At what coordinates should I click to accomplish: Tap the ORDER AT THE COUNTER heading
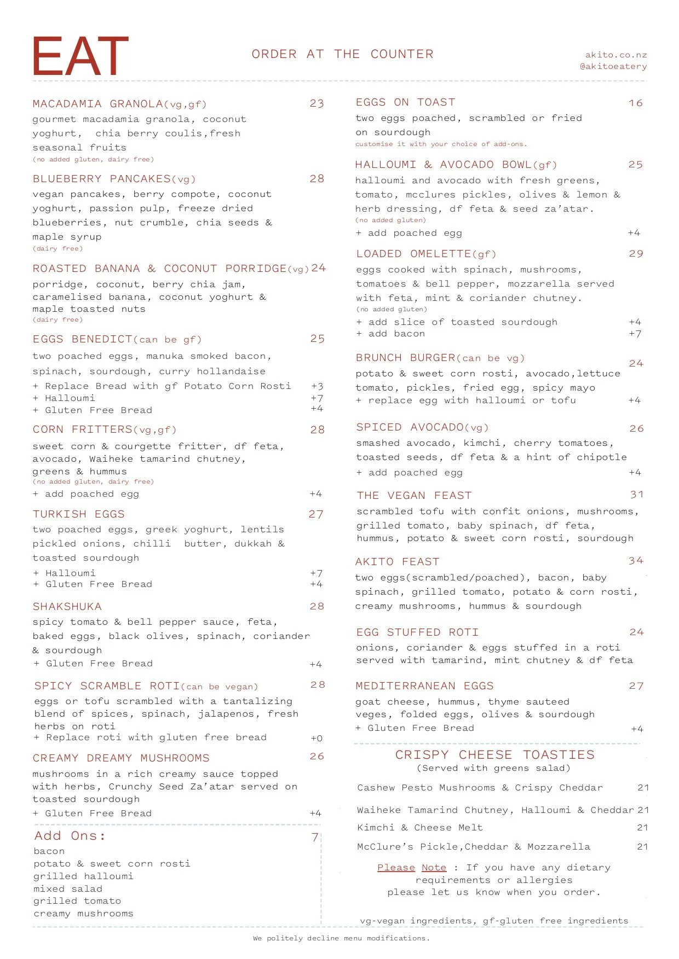pyautogui.click(x=342, y=54)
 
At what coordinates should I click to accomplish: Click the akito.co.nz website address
pyautogui.click(x=616, y=55)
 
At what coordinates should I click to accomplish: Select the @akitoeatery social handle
pyautogui.click(x=613, y=66)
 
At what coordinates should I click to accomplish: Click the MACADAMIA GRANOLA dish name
pyautogui.click(x=98, y=104)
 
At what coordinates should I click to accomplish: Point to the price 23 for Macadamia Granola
pyautogui.click(x=317, y=103)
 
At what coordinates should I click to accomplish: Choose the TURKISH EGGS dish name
pyautogui.click(x=78, y=514)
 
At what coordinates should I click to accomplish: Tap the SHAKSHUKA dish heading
pyautogui.click(x=67, y=607)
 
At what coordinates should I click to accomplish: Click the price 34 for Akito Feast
pyautogui.click(x=636, y=561)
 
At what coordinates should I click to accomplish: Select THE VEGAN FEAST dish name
pyautogui.click(x=414, y=496)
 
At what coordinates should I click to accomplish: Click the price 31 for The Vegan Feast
pyautogui.click(x=637, y=495)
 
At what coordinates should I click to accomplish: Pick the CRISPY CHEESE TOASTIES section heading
pyautogui.click(x=494, y=755)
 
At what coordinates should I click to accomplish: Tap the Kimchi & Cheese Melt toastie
pyautogui.click(x=420, y=828)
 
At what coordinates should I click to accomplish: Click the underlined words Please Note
pyautogui.click(x=412, y=868)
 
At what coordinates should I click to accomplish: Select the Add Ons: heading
pyautogui.click(x=70, y=836)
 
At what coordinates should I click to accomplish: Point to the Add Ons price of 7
pyautogui.click(x=315, y=837)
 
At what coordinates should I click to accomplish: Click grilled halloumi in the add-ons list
pyautogui.click(x=83, y=876)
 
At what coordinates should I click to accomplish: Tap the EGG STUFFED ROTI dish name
pyautogui.click(x=417, y=632)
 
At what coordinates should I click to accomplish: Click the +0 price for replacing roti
pyautogui.click(x=317, y=738)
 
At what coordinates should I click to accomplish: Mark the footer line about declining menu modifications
pyautogui.click(x=341, y=938)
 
